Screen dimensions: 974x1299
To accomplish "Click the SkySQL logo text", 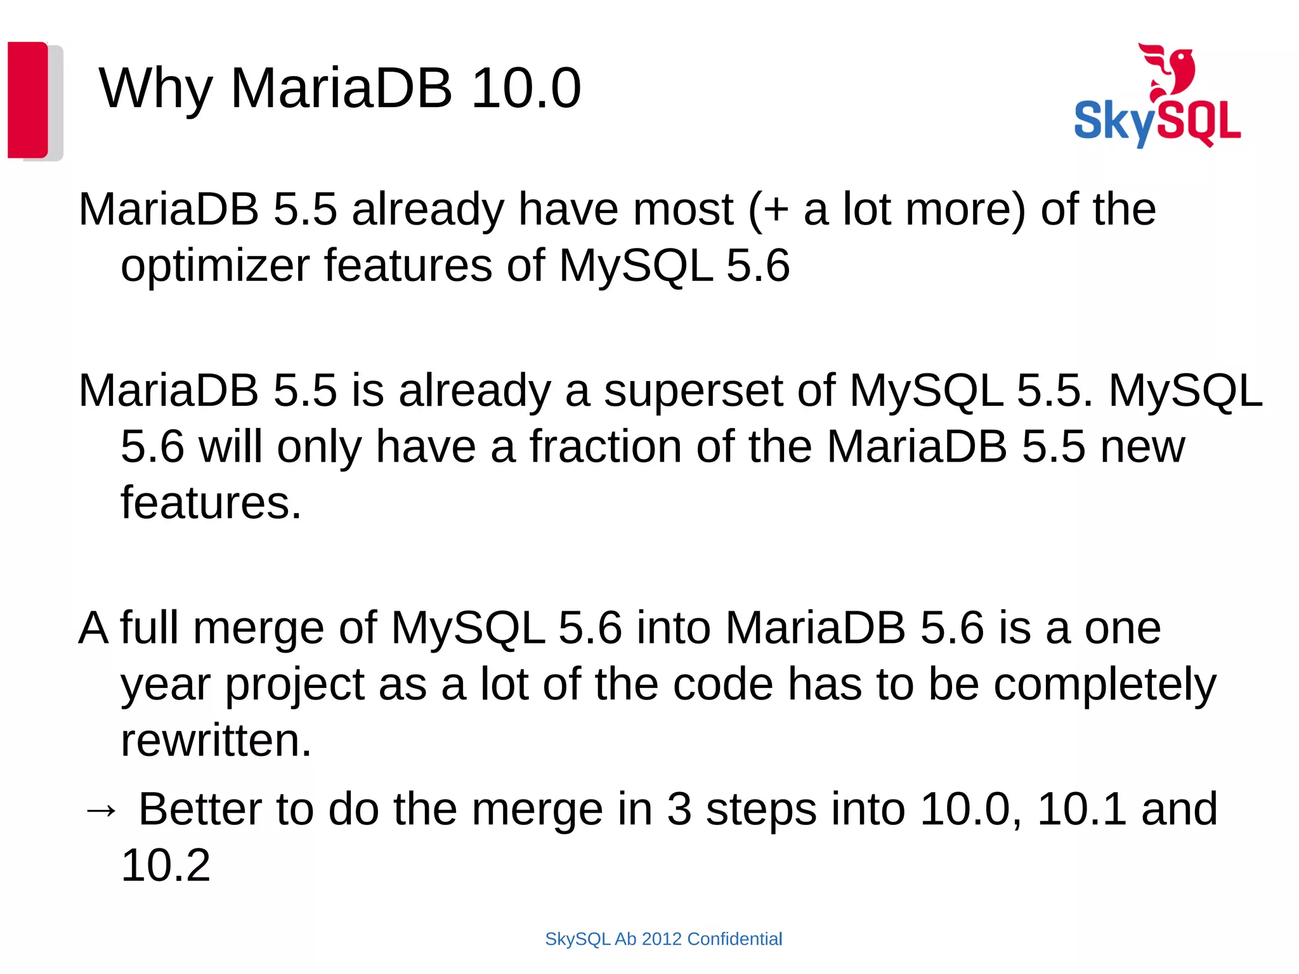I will coord(1157,122).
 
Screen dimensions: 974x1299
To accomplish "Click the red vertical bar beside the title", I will coord(27,100).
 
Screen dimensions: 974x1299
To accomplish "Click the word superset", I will coord(693,391).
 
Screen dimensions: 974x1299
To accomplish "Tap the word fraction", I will coord(606,446).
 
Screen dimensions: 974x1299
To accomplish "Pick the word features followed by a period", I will coord(211,503).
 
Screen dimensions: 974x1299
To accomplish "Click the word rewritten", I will coord(216,741).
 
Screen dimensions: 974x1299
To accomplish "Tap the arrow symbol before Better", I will coord(101,810).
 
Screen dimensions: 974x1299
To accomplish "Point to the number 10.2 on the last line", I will coord(166,866).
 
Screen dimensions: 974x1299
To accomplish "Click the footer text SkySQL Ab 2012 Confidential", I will coord(663,939).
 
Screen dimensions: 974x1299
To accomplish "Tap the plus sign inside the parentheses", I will coord(776,211).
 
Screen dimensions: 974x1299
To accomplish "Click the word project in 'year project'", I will coord(294,685).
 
